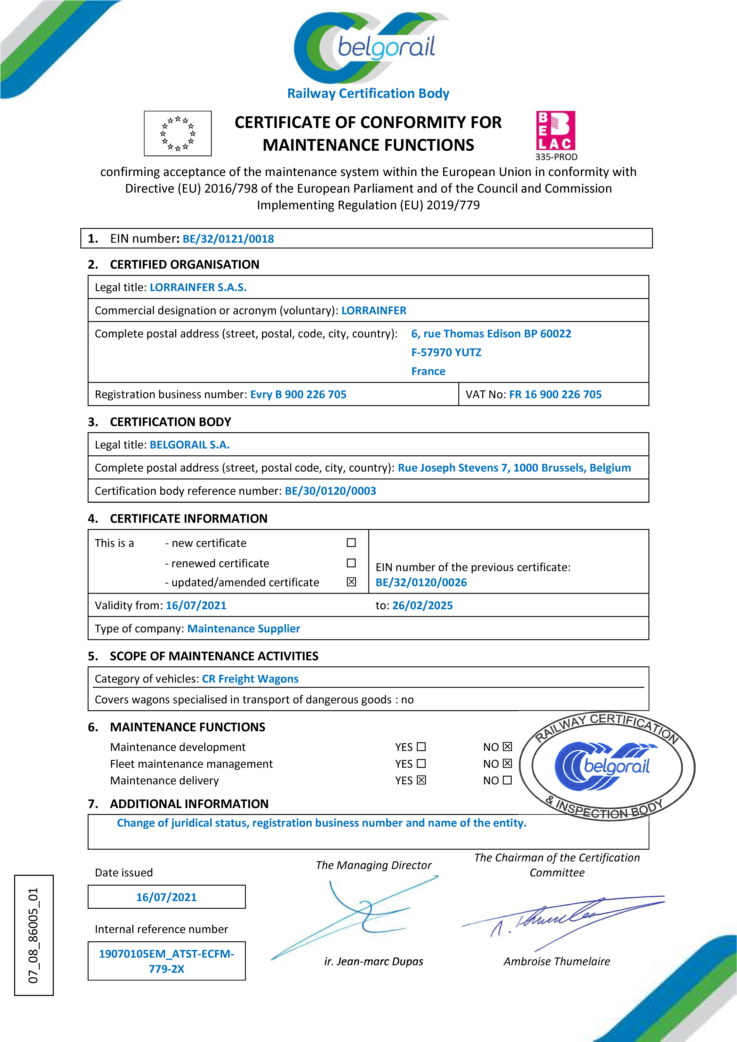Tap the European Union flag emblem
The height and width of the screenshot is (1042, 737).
pyautogui.click(x=178, y=133)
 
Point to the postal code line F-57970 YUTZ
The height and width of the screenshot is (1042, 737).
pyautogui.click(x=446, y=353)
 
